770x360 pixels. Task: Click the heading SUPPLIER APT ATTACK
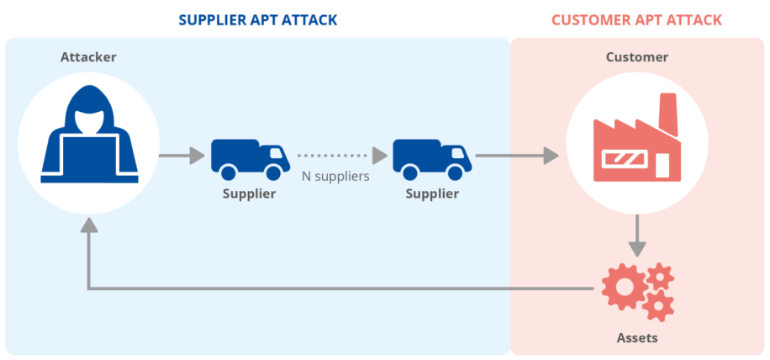[258, 19]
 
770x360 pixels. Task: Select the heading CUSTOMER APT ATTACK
[637, 19]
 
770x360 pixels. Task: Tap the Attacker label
[88, 57]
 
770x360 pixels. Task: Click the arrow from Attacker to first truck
[182, 156]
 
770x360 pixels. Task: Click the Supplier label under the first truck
[249, 194]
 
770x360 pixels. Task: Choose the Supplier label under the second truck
[432, 194]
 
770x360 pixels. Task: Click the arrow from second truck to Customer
[517, 156]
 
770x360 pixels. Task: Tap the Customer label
[637, 57]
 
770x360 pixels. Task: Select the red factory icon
[636, 143]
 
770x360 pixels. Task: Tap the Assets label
[637, 338]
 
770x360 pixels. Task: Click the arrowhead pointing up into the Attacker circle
[88, 225]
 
